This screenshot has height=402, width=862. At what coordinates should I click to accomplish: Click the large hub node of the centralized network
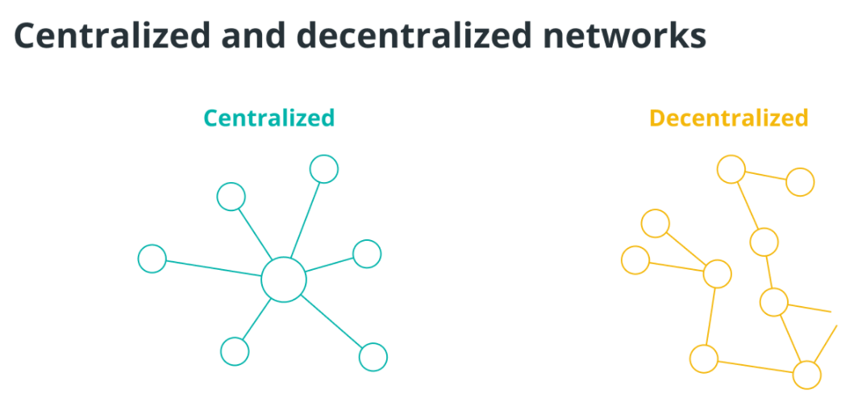click(284, 280)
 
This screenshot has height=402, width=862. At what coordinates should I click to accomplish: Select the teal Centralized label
click(269, 118)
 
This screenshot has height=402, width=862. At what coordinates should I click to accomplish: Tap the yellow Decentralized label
click(728, 118)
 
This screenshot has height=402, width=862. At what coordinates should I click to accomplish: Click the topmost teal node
click(323, 169)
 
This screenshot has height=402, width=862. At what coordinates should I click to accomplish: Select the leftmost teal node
click(152, 259)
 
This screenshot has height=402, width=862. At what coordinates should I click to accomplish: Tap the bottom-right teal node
click(373, 356)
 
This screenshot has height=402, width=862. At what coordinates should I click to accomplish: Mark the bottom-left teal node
click(235, 351)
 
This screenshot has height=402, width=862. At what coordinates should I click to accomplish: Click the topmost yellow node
click(731, 170)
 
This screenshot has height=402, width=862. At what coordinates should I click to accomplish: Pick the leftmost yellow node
click(635, 260)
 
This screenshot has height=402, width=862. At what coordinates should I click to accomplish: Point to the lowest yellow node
click(806, 375)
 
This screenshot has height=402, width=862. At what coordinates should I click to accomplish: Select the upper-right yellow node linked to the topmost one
click(801, 182)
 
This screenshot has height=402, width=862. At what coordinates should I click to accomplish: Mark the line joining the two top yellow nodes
click(766, 176)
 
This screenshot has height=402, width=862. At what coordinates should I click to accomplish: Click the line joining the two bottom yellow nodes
click(755, 367)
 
